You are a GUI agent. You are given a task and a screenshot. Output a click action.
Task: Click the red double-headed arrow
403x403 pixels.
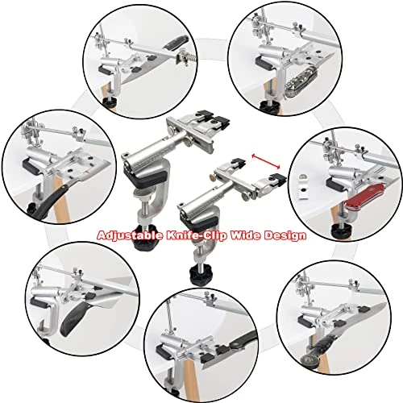click(266, 161)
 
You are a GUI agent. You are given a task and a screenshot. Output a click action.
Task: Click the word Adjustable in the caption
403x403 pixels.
click(130, 235)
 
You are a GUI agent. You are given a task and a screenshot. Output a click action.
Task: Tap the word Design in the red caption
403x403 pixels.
click(285, 235)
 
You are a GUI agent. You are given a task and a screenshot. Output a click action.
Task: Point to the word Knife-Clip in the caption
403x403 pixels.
click(197, 235)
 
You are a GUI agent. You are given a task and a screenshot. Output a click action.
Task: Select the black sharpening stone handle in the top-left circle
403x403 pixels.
click(177, 43)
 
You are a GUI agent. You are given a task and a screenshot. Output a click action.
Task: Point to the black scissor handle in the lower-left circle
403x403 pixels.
click(74, 320)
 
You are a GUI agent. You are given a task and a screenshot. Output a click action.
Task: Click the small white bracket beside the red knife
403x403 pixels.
click(303, 186)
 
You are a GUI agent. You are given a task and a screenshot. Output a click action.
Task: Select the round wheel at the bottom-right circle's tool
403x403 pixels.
click(308, 358)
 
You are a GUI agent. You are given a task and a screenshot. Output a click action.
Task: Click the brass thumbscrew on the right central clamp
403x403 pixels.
click(213, 177)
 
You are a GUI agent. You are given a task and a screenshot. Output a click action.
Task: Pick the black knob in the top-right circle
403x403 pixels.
click(269, 105)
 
